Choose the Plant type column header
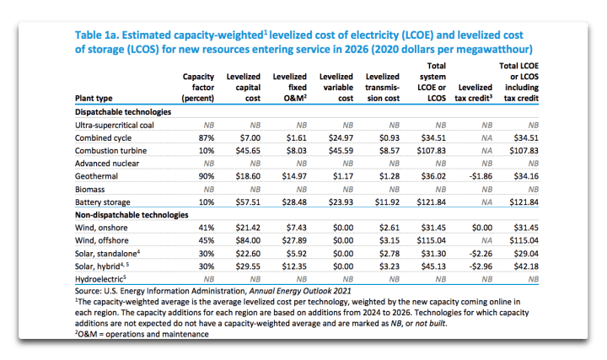pyautogui.click(x=95, y=98)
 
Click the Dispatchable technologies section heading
pyautogui.click(x=123, y=111)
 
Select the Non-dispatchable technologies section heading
pyautogui.click(x=133, y=215)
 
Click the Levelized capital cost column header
pyautogui.click(x=244, y=87)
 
